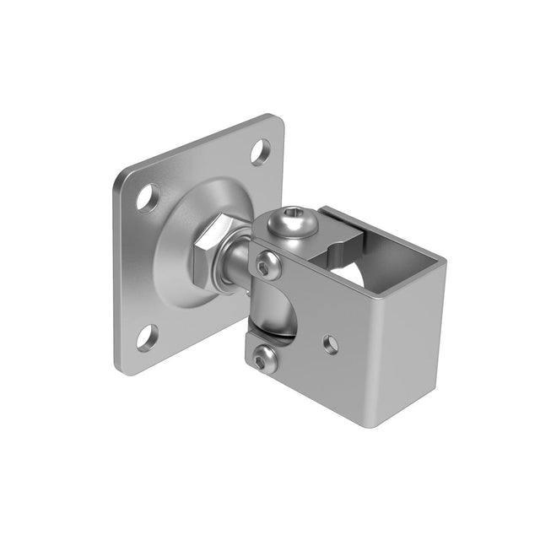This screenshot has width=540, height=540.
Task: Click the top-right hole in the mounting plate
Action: [261, 152]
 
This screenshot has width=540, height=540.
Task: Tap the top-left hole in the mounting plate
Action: [148, 197]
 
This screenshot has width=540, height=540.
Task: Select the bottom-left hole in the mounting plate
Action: [147, 338]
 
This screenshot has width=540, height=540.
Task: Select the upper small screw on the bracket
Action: [268, 266]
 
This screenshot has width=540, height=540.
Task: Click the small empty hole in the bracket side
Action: [331, 344]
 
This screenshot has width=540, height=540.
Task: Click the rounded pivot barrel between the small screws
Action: [271, 312]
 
